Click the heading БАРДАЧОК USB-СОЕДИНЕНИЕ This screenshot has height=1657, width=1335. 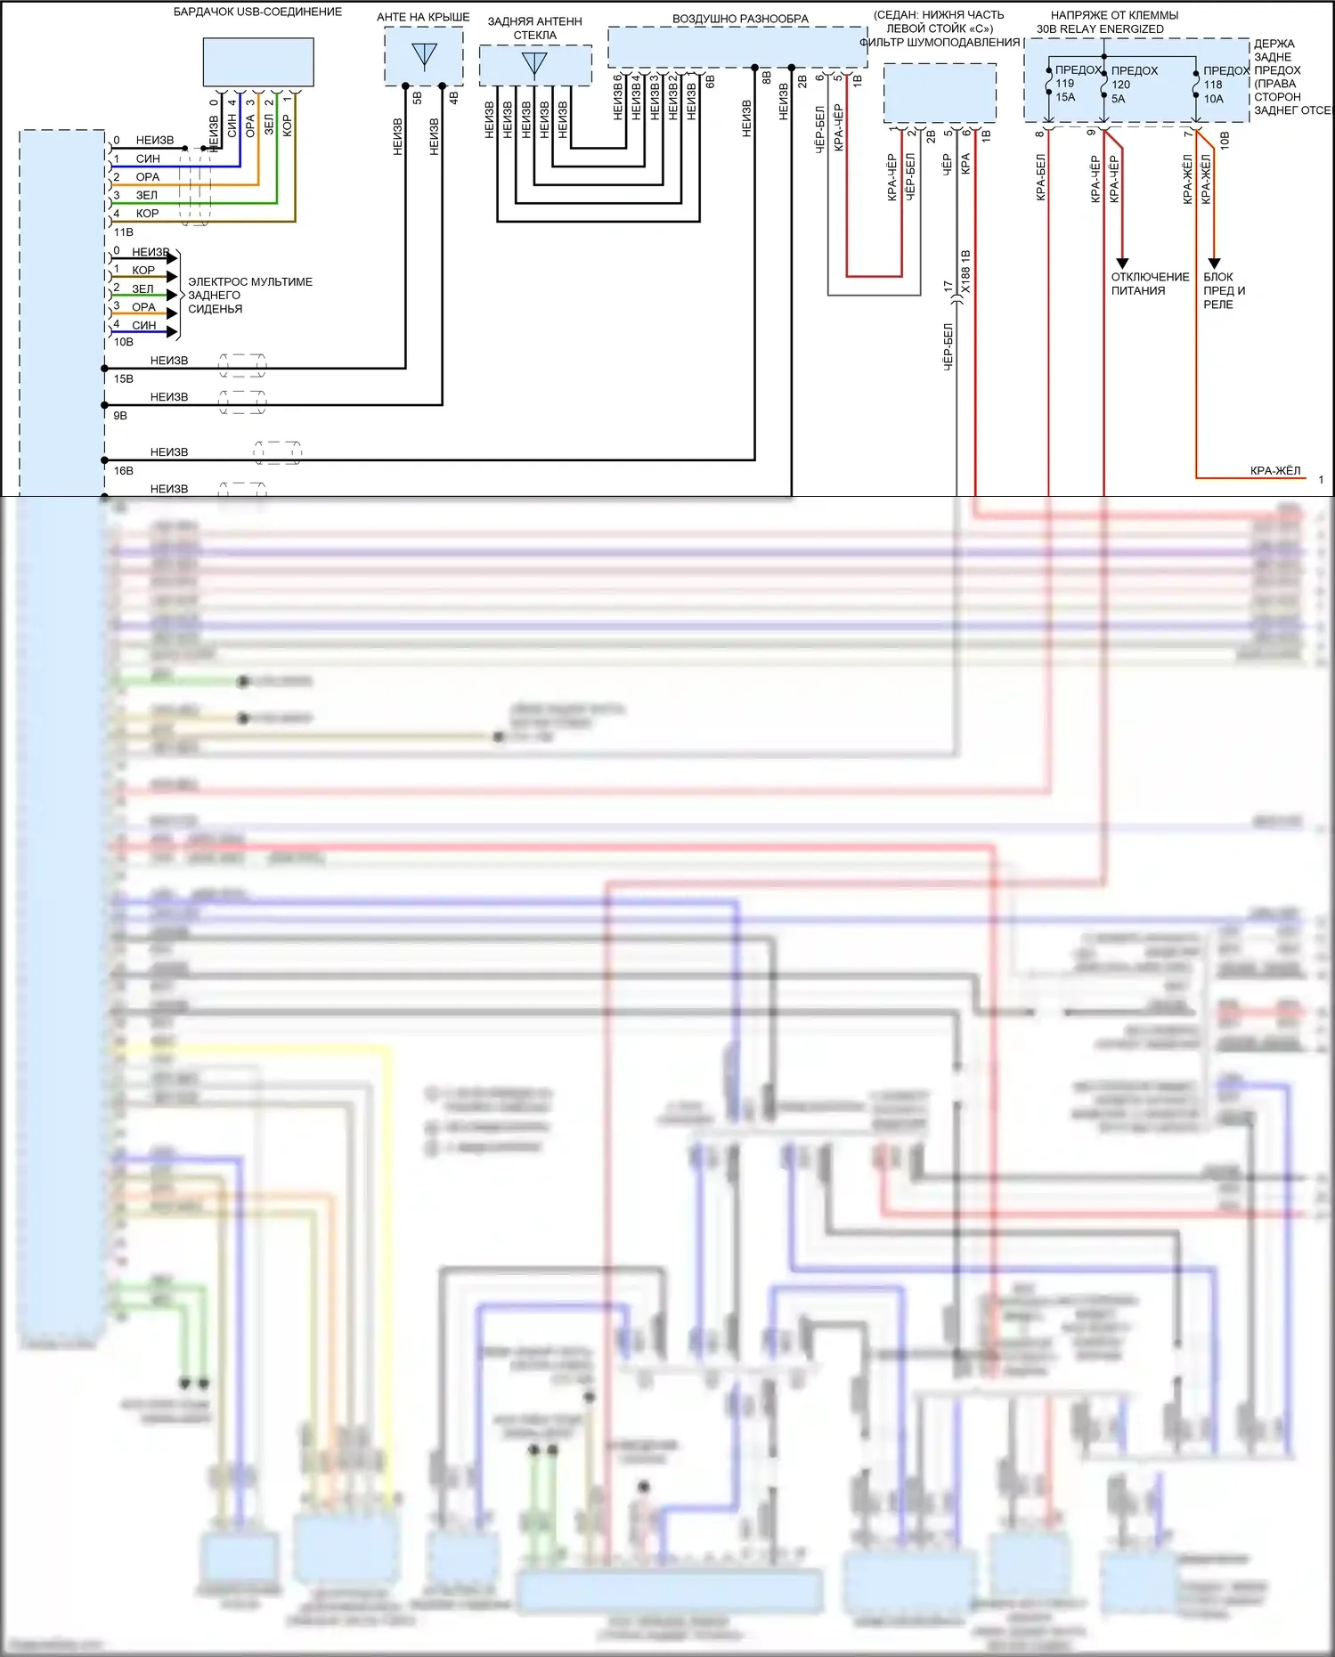point(257,12)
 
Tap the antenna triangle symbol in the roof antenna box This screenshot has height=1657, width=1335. point(425,55)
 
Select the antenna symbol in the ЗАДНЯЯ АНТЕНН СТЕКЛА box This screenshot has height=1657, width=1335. point(534,63)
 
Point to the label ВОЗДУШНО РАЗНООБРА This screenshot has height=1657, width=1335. point(740,19)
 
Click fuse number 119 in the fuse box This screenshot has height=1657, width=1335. point(1065,84)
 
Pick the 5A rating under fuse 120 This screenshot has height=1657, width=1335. point(1119,99)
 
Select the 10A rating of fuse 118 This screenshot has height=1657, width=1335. point(1214,99)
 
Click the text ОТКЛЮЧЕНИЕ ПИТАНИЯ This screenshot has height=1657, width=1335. point(1149,283)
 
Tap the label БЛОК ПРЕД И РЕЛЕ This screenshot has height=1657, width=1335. point(1224,290)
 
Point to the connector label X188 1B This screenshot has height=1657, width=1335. point(966,272)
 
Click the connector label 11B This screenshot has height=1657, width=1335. point(123,232)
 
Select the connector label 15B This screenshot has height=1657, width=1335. point(123,378)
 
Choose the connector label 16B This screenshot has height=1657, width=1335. point(123,470)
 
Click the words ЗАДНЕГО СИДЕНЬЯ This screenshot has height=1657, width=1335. point(215,302)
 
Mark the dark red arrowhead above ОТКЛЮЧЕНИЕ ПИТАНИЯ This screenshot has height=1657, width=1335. point(1122,263)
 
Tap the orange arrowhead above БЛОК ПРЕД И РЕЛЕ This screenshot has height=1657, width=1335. point(1214,263)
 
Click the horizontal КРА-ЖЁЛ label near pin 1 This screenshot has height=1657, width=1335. point(1274,470)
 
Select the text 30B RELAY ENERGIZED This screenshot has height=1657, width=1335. point(1100,29)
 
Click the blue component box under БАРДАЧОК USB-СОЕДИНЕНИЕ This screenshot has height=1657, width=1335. point(258,61)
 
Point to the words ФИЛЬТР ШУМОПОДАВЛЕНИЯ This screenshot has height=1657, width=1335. point(940,42)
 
